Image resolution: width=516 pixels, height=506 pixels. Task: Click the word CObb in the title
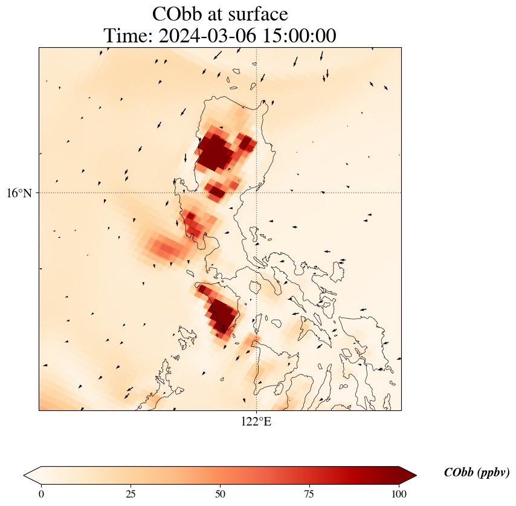pyautogui.click(x=177, y=14)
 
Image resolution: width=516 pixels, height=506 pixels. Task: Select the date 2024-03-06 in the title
pyautogui.click(x=207, y=35)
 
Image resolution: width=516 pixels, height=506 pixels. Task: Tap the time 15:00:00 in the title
pyautogui.click(x=300, y=35)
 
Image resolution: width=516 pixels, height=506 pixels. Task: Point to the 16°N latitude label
pyautogui.click(x=19, y=193)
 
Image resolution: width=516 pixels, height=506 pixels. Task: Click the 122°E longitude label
pyautogui.click(x=256, y=421)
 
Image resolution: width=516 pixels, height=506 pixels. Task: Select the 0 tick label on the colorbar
pyautogui.click(x=41, y=494)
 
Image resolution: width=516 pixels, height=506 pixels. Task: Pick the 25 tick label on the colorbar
pyautogui.click(x=131, y=494)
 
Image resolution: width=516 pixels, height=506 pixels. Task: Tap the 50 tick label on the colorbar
pyautogui.click(x=220, y=494)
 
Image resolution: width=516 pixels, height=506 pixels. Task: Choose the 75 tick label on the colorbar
pyautogui.click(x=309, y=494)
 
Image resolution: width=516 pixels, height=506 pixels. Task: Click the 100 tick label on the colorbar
pyautogui.click(x=399, y=494)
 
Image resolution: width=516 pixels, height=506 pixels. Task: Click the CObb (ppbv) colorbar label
pyautogui.click(x=477, y=472)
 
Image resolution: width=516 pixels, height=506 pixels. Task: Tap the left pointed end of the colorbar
pyautogui.click(x=24, y=475)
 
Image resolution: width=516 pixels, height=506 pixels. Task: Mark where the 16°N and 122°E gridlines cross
pyautogui.click(x=256, y=193)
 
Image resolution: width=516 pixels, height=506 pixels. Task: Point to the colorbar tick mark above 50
pyautogui.click(x=220, y=486)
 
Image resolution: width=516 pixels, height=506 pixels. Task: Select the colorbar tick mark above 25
pyautogui.click(x=131, y=486)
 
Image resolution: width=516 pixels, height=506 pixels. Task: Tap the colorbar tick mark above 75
pyautogui.click(x=309, y=486)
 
